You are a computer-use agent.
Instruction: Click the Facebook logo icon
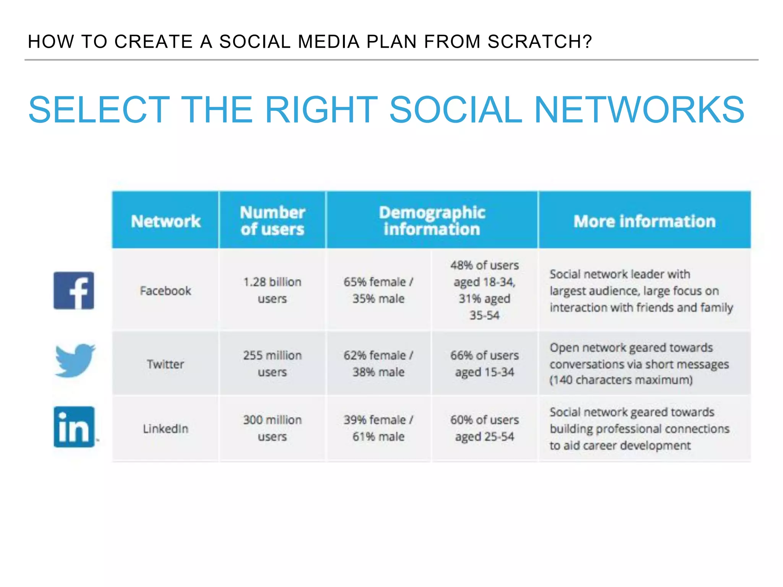pos(74,290)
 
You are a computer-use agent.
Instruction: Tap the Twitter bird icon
pos(75,360)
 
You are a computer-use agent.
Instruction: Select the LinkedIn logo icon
pos(74,427)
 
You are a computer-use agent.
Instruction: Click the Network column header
pos(166,221)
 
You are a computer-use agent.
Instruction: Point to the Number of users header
pos(272,221)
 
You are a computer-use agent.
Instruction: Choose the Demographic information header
pos(432,221)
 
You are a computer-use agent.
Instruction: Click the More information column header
pos(644,221)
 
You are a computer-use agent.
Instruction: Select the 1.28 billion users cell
pos(272,290)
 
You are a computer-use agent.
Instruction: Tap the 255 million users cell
pos(272,363)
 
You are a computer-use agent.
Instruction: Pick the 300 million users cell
pos(272,428)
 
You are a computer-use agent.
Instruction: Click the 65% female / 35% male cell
pos(378,290)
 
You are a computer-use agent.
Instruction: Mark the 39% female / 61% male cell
pos(378,428)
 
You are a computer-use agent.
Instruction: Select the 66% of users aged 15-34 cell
pos(484,363)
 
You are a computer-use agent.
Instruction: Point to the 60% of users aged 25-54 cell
pos(484,428)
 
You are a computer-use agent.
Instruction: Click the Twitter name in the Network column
pos(166,364)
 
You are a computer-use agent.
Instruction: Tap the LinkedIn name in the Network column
pos(166,428)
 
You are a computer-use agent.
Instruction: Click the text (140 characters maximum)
pos(621,380)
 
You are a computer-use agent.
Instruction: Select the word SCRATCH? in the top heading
pos(539,41)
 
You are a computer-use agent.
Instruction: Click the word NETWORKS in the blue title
pos(639,110)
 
